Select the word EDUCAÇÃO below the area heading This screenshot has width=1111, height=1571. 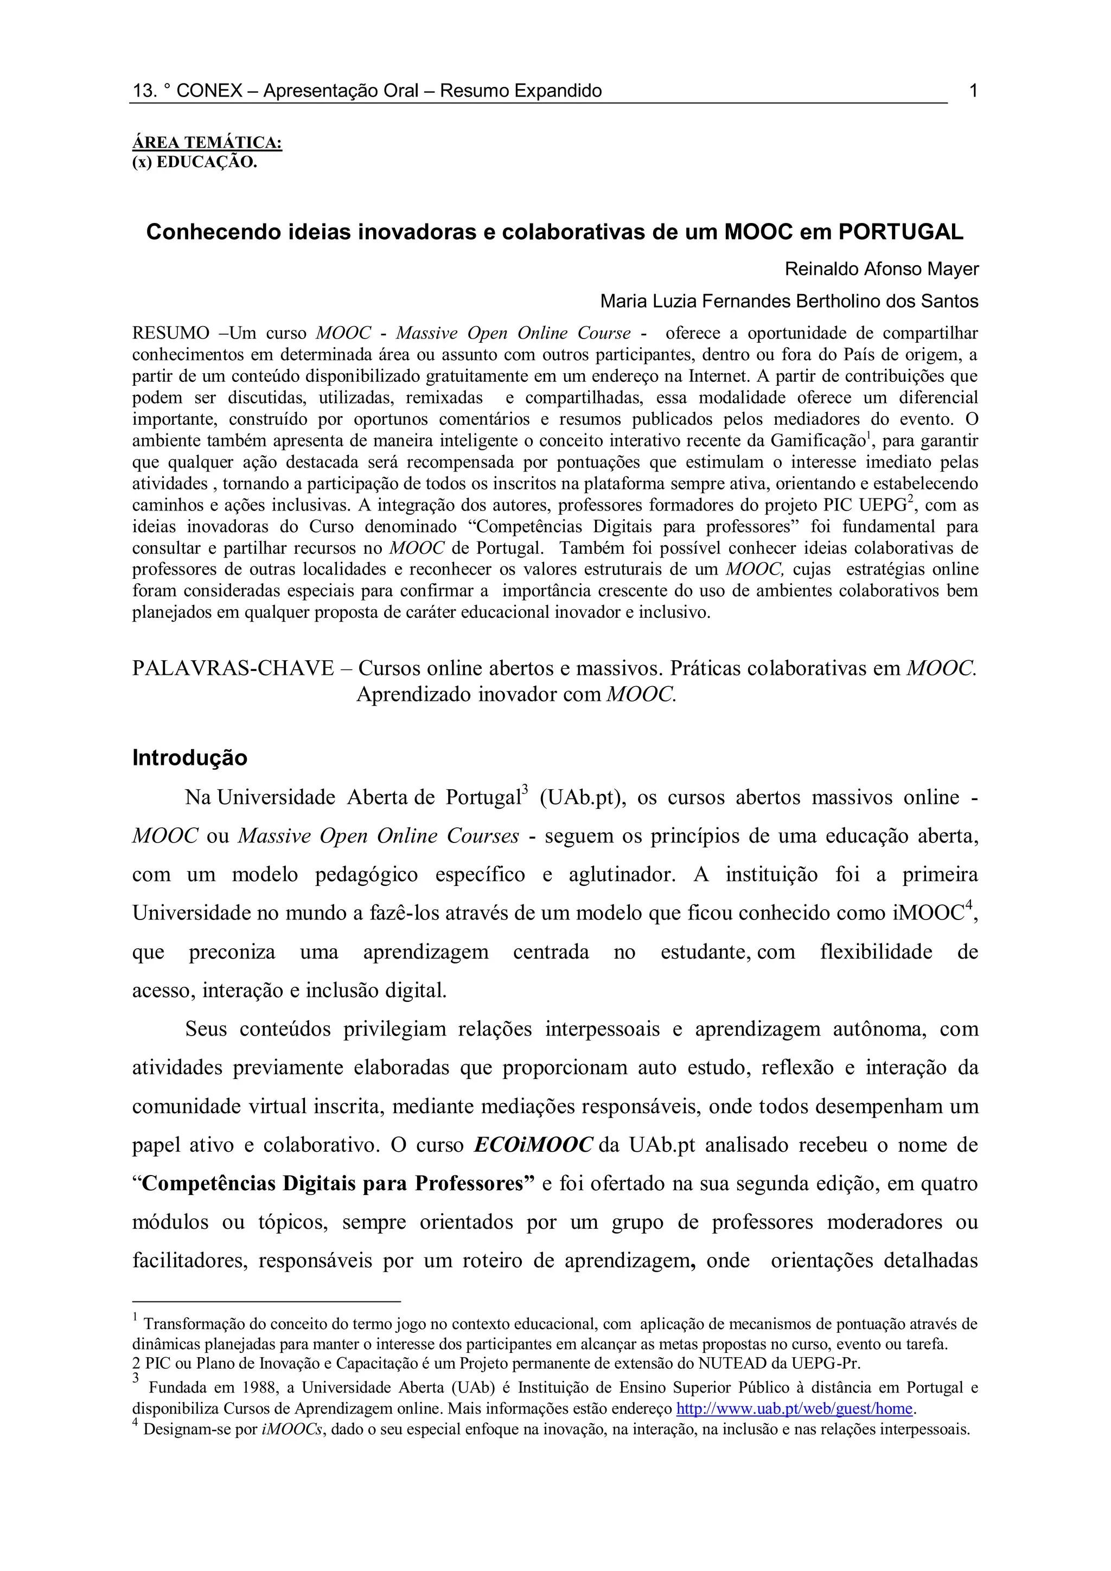point(207,163)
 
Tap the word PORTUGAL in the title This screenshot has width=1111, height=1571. point(901,232)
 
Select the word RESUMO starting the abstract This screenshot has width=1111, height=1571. point(171,333)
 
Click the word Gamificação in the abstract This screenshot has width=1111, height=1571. point(818,440)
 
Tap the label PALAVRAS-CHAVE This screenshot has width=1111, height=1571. point(233,668)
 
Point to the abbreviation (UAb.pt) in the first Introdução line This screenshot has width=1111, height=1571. point(582,798)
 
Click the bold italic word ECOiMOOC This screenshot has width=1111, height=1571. point(533,1145)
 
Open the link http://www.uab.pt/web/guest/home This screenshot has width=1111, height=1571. point(794,1408)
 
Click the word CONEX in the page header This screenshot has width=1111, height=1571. point(209,90)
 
